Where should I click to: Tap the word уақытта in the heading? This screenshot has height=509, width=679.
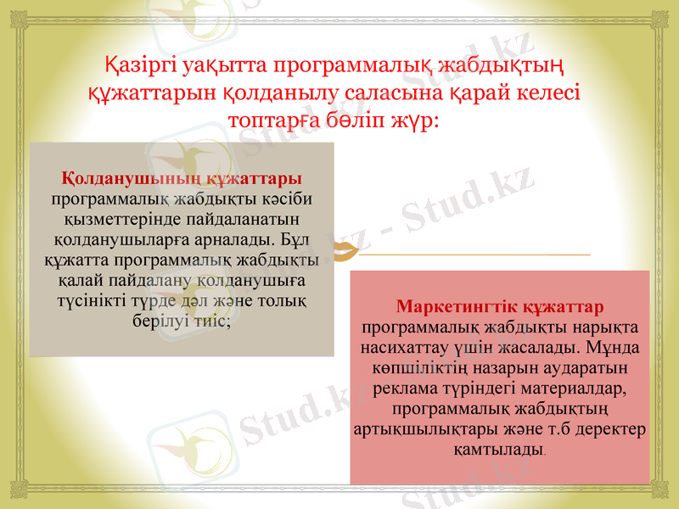click(222, 64)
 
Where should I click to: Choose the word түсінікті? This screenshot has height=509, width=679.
click(90, 300)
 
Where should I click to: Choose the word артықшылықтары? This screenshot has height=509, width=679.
click(410, 428)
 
